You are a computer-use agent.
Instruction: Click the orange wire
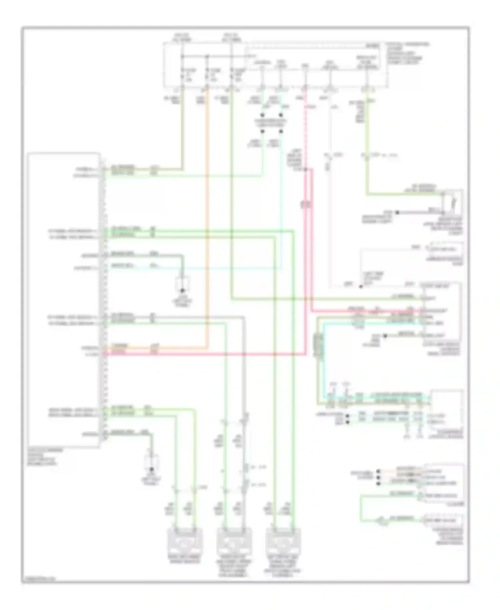(207, 234)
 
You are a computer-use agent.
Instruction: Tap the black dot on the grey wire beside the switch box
(397, 213)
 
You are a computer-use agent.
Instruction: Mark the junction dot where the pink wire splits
(305, 170)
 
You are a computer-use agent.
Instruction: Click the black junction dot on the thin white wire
(361, 286)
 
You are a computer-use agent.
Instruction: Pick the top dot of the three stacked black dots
(378, 472)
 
